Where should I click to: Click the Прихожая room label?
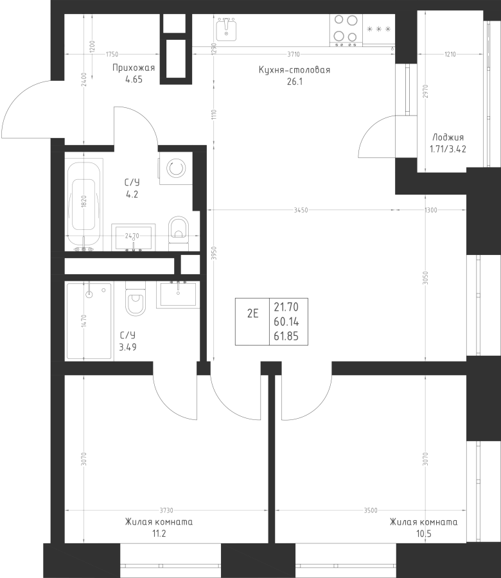pyautogui.click(x=134, y=68)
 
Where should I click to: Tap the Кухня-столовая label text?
pyautogui.click(x=294, y=69)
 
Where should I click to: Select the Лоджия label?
pyautogui.click(x=448, y=137)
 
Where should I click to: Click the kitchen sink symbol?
pyautogui.click(x=226, y=29)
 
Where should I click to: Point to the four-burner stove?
pyautogui.click(x=346, y=30)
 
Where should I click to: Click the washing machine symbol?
pyautogui.click(x=176, y=168)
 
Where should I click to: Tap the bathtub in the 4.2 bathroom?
pyautogui.click(x=83, y=205)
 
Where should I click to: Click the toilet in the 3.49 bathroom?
pyautogui.click(x=136, y=298)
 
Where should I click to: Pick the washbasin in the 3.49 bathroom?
pyautogui.click(x=178, y=294)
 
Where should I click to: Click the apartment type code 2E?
pyautogui.click(x=252, y=313)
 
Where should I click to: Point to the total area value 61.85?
pyautogui.click(x=286, y=336)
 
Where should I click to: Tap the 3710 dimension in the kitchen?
pyautogui.click(x=294, y=54)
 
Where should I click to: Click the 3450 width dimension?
pyautogui.click(x=301, y=210)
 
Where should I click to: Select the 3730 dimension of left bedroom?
pyautogui.click(x=166, y=511)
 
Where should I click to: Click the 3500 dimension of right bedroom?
pyautogui.click(x=371, y=511)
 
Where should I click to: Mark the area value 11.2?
pyautogui.click(x=159, y=534)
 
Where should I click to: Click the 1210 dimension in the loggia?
pyautogui.click(x=450, y=54)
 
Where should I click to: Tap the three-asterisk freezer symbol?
pyautogui.click(x=378, y=29)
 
